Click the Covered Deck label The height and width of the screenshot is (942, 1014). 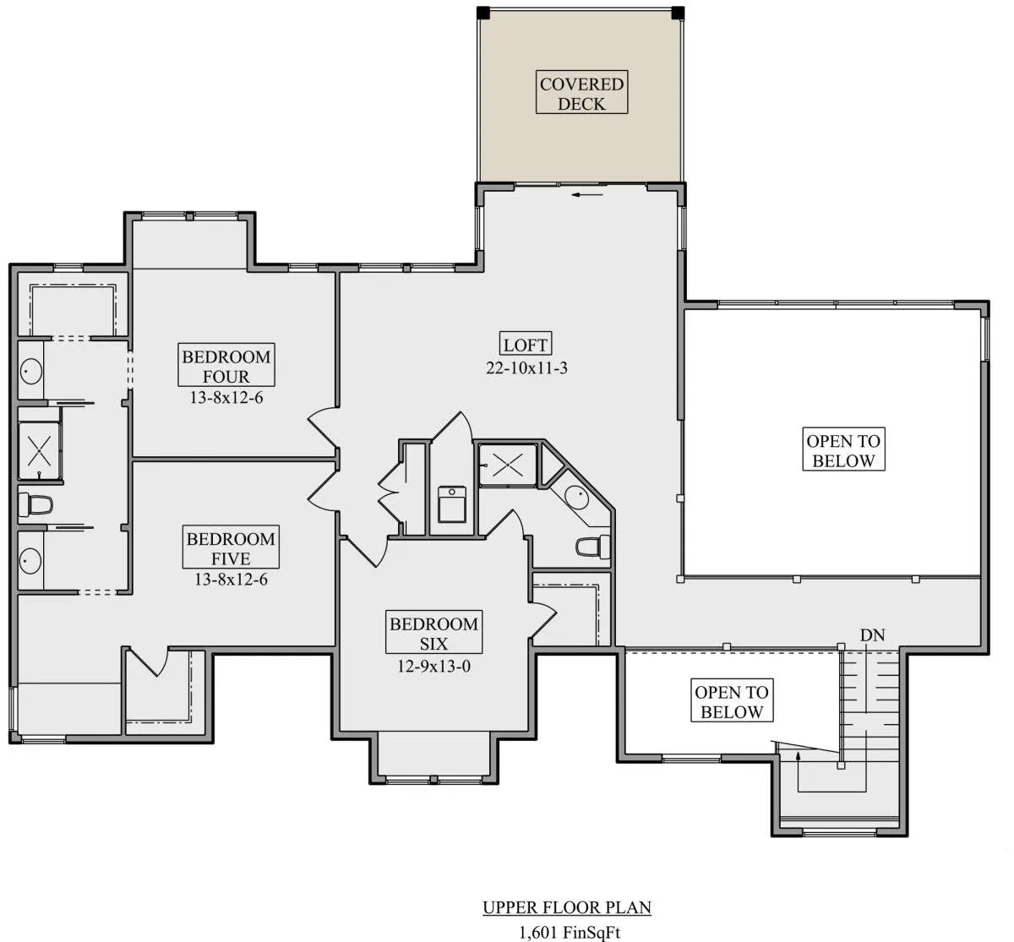[x=581, y=92]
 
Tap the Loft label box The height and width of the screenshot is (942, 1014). [x=526, y=345]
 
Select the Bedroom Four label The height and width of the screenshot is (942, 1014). [x=226, y=365]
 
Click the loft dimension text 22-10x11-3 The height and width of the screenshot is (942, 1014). [x=526, y=368]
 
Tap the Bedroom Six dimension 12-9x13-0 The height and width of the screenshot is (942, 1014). [x=434, y=666]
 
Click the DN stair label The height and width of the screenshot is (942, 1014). [x=873, y=635]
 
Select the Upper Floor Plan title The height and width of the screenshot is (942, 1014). [x=567, y=907]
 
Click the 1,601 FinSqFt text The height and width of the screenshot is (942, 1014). [x=570, y=933]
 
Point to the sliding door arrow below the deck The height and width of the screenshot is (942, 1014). [x=587, y=194]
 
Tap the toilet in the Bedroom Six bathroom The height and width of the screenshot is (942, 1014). [x=593, y=547]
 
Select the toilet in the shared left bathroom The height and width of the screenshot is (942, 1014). [x=35, y=505]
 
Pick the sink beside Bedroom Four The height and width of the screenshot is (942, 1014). [x=31, y=371]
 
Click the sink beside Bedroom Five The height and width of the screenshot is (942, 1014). [x=30, y=561]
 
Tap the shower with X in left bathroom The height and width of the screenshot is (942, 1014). [x=40, y=451]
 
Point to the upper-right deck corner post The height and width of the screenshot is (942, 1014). [x=678, y=13]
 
